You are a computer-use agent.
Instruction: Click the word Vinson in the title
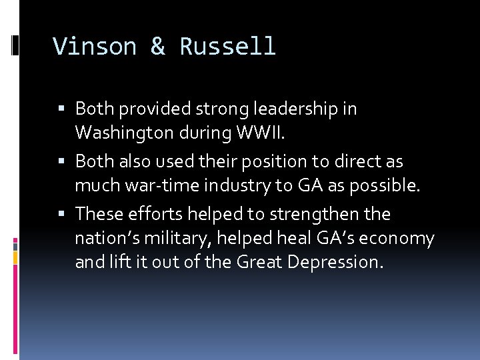coord(95,47)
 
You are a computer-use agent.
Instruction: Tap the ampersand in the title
coord(157,47)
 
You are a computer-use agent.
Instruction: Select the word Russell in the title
coord(227,47)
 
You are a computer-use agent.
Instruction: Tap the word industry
coord(231,185)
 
